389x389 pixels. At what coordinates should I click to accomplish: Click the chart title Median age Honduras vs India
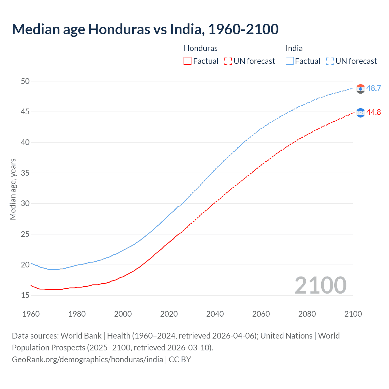(x=145, y=29)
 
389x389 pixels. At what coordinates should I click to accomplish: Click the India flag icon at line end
(x=360, y=89)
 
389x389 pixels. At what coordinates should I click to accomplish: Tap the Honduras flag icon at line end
(x=360, y=113)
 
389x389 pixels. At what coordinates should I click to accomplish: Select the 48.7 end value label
(x=374, y=88)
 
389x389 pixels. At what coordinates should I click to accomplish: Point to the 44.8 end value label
(x=374, y=112)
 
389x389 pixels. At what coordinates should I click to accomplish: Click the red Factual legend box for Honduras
(x=188, y=61)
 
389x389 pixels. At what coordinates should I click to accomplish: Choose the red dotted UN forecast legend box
(x=228, y=61)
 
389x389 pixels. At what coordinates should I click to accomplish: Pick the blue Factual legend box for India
(x=290, y=61)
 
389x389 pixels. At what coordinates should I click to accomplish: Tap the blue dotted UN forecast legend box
(x=330, y=61)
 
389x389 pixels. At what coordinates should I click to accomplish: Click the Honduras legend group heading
(x=201, y=48)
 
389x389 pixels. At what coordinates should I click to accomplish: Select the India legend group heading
(x=294, y=48)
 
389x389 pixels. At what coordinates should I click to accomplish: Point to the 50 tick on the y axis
(x=25, y=81)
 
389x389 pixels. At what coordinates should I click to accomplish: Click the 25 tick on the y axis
(x=25, y=234)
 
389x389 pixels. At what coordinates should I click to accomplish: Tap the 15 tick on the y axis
(x=25, y=295)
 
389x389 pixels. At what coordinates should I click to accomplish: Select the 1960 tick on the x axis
(x=31, y=314)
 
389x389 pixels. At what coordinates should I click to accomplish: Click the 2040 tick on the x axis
(x=215, y=314)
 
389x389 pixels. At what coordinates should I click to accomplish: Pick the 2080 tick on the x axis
(x=307, y=314)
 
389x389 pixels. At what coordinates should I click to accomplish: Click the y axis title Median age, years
(x=13, y=189)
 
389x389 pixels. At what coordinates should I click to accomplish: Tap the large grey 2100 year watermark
(x=320, y=285)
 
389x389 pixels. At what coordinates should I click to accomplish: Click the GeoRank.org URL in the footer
(x=88, y=360)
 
